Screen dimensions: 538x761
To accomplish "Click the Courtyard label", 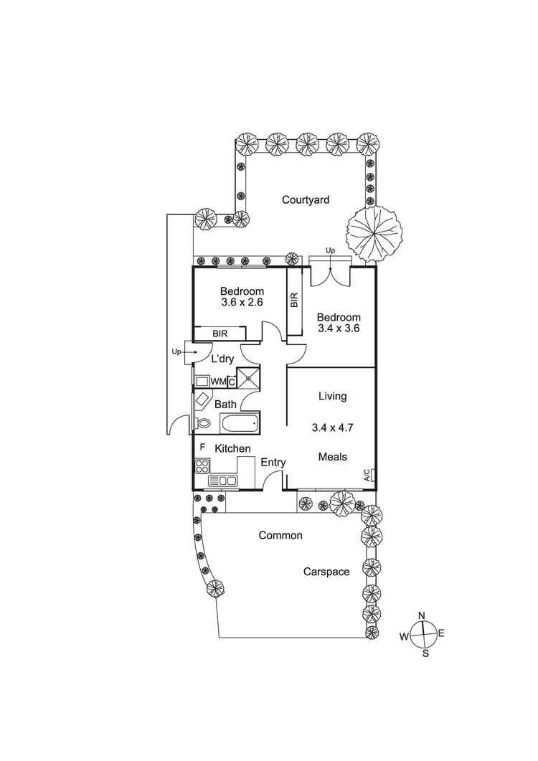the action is pyautogui.click(x=306, y=200).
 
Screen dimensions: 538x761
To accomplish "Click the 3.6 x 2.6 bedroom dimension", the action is pyautogui.click(x=242, y=303).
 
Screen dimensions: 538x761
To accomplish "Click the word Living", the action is pyautogui.click(x=332, y=396).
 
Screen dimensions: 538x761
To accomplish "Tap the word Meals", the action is pyautogui.click(x=333, y=457).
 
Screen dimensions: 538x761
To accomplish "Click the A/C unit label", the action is pyautogui.click(x=367, y=475).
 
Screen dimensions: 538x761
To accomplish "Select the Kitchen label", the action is pyautogui.click(x=232, y=449).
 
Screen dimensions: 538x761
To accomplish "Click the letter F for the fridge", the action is pyautogui.click(x=202, y=448).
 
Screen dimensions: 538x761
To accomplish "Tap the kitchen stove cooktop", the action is pyautogui.click(x=201, y=465).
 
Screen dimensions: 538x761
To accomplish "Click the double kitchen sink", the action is pyautogui.click(x=222, y=481).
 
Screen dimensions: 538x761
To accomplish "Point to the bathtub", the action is pyautogui.click(x=240, y=424).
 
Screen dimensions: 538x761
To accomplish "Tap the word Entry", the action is pyautogui.click(x=273, y=463).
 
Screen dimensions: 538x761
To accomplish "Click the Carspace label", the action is pyautogui.click(x=326, y=572).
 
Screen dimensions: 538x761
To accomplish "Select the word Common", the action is pyautogui.click(x=280, y=535).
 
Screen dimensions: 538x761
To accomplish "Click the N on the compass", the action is pyautogui.click(x=423, y=615).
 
